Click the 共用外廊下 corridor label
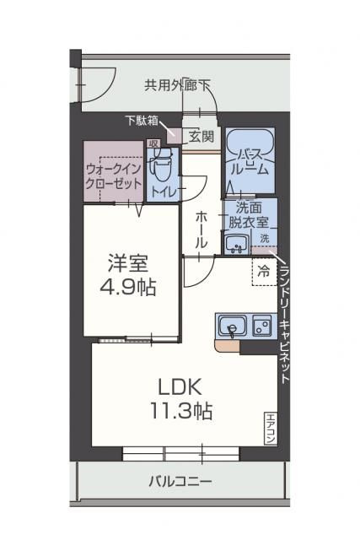point(177,84)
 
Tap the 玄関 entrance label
point(201,136)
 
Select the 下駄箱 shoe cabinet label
point(142,121)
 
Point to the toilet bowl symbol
point(159,166)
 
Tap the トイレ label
point(164,192)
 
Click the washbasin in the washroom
point(234,245)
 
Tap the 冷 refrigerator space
point(264,272)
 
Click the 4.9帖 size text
point(131,287)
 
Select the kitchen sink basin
point(230,326)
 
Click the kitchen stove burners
point(261,326)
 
